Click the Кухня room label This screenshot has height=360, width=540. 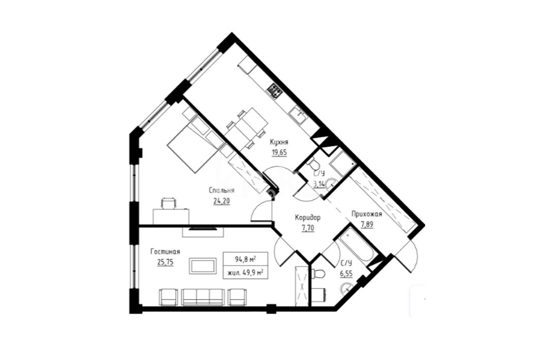tap(279, 142)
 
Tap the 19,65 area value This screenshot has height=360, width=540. tap(279, 152)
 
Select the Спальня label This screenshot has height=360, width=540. tap(222, 190)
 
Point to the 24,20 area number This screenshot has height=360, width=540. tap(221, 201)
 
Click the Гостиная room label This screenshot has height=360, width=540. tap(165, 252)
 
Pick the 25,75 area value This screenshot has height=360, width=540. tap(165, 262)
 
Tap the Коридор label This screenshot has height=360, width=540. tap(307, 217)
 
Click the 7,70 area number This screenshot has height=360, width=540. tap(307, 228)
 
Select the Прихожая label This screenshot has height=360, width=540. tap(367, 214)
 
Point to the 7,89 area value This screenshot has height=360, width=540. tap(367, 224)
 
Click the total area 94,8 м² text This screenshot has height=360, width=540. tap(245, 259)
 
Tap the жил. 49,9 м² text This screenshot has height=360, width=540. tap(245, 273)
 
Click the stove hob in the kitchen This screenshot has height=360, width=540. tap(275, 90)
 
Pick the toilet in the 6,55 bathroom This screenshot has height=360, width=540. tap(318, 274)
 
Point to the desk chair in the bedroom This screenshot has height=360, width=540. tap(169, 203)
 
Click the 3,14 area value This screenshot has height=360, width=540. tap(318, 184)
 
